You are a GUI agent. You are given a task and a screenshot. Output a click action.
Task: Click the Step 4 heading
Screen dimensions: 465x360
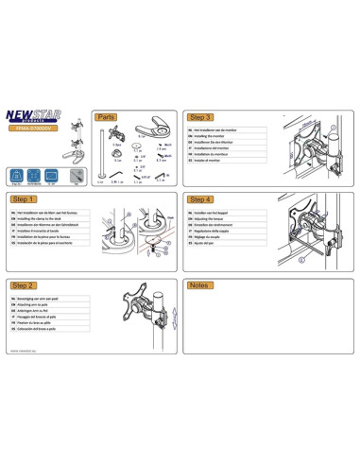click(201, 200)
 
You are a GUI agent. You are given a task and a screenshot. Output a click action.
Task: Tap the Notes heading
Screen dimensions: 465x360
click(199, 284)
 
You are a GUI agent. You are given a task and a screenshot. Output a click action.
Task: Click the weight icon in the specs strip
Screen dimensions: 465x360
click(18, 177)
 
